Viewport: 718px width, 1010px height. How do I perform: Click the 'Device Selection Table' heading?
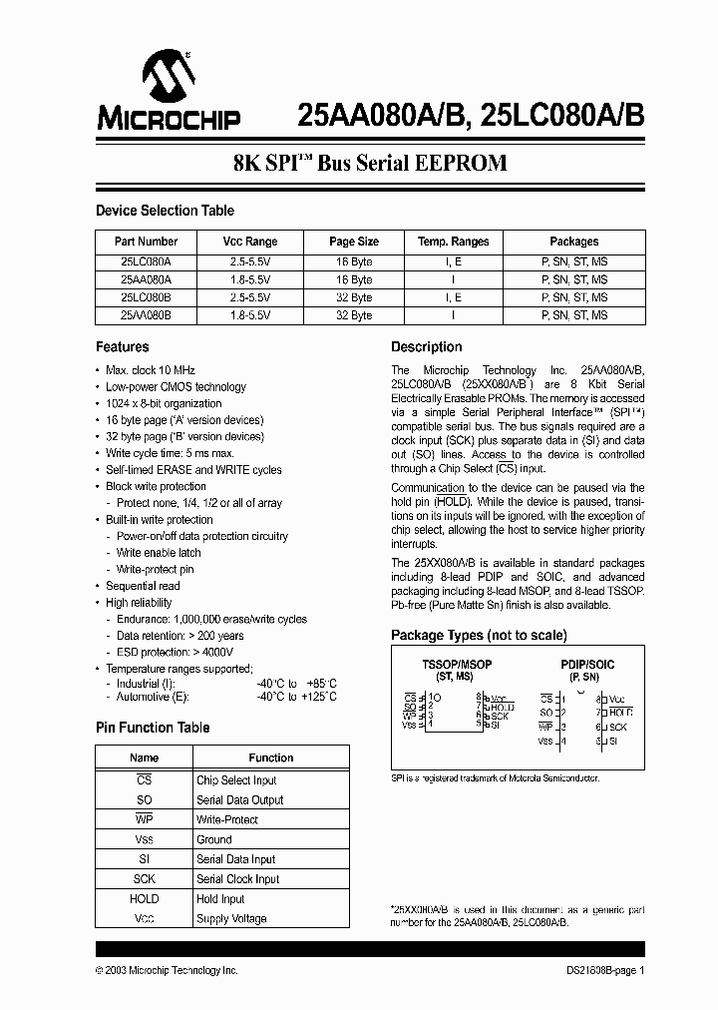[x=165, y=211]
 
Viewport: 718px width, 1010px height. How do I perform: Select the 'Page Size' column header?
[x=354, y=242]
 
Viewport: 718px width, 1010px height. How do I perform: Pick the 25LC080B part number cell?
[x=146, y=297]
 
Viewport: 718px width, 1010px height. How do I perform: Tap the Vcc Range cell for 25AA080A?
[x=250, y=279]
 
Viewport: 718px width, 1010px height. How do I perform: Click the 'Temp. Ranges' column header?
[x=453, y=242]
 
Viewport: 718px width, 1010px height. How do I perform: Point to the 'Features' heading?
[x=122, y=347]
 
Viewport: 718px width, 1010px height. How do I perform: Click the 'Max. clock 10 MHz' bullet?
[x=151, y=370]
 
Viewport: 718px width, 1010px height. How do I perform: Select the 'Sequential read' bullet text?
[x=143, y=586]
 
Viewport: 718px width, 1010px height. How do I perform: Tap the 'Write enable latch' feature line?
[x=159, y=553]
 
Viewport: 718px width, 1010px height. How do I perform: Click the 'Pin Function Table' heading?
[x=153, y=728]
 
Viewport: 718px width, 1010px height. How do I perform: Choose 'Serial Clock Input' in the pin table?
[x=238, y=879]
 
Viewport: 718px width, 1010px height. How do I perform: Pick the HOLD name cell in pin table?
[x=145, y=899]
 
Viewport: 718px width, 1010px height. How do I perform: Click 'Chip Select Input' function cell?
[x=236, y=780]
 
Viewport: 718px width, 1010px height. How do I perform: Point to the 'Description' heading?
[x=426, y=347]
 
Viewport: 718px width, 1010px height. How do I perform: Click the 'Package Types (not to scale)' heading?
[x=479, y=635]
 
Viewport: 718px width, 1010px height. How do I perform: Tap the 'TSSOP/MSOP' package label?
[x=458, y=664]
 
